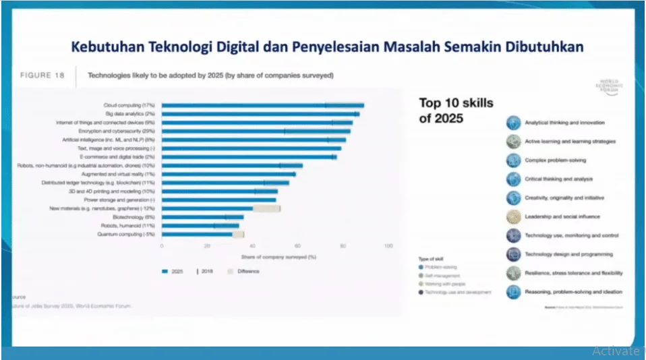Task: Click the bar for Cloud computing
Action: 263,105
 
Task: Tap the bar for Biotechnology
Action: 202,217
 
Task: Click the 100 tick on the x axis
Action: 388,247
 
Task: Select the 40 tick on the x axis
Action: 252,247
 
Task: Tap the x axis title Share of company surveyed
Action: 274,257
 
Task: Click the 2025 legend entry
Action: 174,271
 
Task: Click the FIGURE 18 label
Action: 42,76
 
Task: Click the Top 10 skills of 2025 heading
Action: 456,110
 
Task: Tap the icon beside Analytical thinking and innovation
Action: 515,123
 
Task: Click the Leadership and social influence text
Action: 562,217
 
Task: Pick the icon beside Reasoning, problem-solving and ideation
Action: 515,292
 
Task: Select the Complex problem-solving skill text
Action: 555,160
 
